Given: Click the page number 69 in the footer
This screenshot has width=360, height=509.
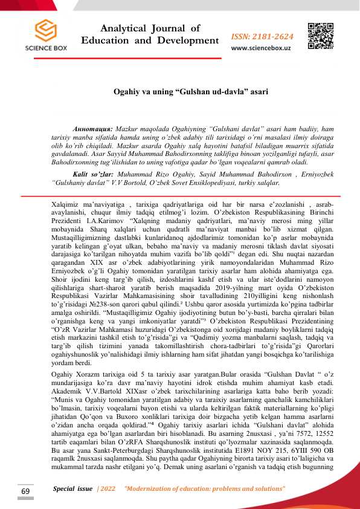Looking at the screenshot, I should [25, 491].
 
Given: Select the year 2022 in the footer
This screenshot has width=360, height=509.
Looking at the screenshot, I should [107, 488].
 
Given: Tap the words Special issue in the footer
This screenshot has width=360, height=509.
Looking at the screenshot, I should [73, 488].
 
